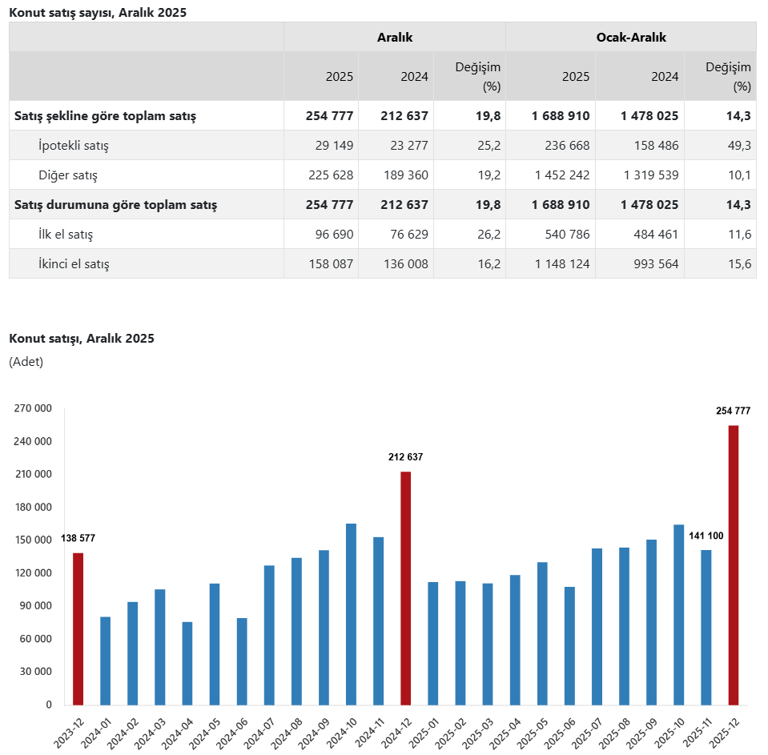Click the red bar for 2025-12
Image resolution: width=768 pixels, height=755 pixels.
pyautogui.click(x=733, y=564)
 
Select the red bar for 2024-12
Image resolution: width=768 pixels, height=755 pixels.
pyautogui.click(x=406, y=588)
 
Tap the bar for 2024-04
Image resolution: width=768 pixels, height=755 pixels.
pyautogui.click(x=187, y=663)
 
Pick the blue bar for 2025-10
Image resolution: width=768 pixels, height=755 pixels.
pyautogui.click(x=678, y=614)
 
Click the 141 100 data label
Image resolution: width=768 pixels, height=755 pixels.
pyautogui.click(x=706, y=536)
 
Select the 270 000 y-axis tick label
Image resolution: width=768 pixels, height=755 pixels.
pyautogui.click(x=33, y=408)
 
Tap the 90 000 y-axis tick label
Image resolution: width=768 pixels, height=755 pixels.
pyautogui.click(x=35, y=606)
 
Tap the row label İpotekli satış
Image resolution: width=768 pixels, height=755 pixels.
pyautogui.click(x=74, y=146)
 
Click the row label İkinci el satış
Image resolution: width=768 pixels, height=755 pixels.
pyautogui.click(x=74, y=263)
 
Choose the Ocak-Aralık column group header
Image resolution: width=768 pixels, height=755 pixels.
pyautogui.click(x=630, y=37)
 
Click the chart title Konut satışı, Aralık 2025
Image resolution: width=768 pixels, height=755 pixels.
pyautogui.click(x=82, y=338)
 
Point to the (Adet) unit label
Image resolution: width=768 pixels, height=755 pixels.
pyautogui.click(x=26, y=362)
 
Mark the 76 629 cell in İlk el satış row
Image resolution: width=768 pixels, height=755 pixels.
pyautogui.click(x=407, y=234)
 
